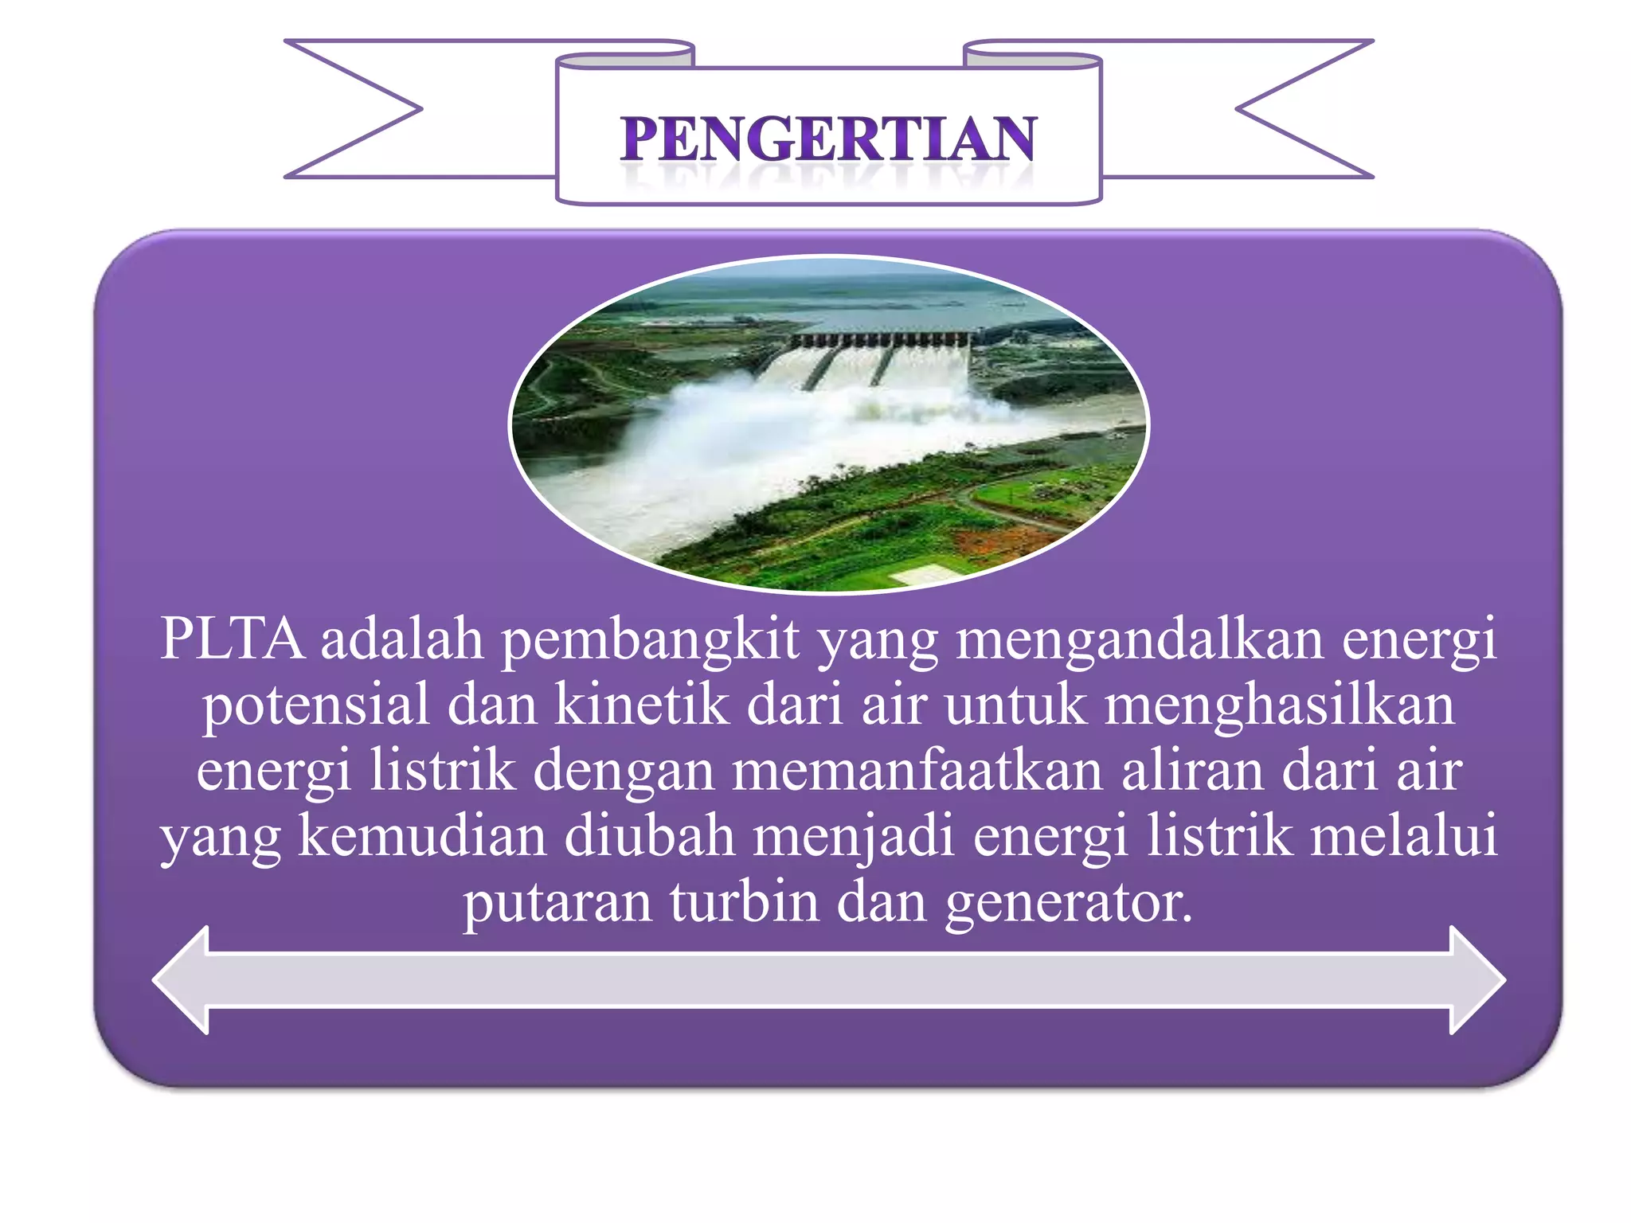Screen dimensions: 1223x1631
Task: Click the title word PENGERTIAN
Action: click(828, 139)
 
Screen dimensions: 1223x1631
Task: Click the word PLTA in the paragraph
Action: click(232, 639)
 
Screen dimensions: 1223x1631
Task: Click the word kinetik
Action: click(641, 705)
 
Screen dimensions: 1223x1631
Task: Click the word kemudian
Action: click(422, 836)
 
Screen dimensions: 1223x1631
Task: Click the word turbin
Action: click(744, 902)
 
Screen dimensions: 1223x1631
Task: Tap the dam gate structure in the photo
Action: click(880, 340)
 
